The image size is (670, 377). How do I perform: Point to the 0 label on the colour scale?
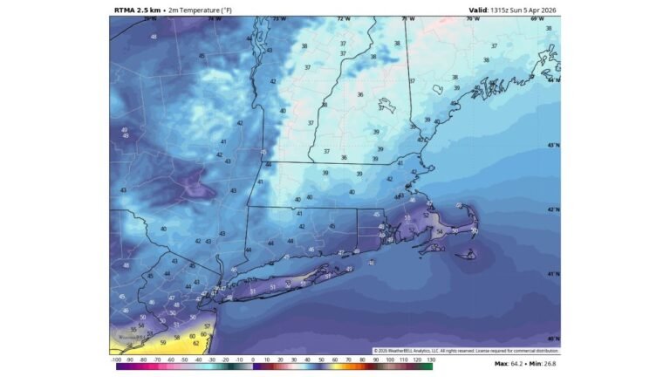pos(253,359)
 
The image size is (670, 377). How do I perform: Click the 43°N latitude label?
pos(552,145)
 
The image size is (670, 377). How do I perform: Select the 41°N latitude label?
pos(552,274)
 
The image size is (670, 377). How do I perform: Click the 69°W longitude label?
pos(538,18)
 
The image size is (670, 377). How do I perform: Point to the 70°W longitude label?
pos(474,18)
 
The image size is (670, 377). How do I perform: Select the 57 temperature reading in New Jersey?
pos(207,325)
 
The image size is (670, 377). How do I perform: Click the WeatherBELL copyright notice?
pos(467,351)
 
